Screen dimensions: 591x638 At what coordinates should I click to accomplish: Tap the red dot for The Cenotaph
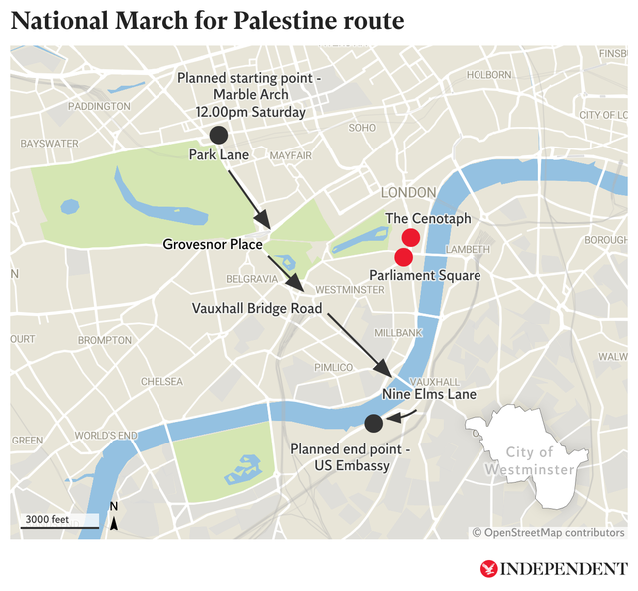pos(410,237)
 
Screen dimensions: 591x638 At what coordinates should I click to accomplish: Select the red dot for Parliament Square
pos(403,257)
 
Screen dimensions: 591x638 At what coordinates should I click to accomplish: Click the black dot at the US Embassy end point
pos(373,422)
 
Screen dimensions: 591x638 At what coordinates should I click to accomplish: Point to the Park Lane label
pos(219,155)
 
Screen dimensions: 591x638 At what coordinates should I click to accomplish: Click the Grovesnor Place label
pos(213,244)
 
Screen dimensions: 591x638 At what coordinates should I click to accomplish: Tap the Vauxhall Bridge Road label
pos(257,309)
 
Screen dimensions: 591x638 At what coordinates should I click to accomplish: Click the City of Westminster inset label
pos(528,461)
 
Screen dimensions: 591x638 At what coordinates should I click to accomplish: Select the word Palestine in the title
pos(294,22)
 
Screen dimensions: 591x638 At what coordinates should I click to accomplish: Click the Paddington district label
pos(100,106)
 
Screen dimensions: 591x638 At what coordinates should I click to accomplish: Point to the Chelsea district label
pos(161,381)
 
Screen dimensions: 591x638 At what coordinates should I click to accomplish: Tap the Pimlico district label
pos(334,367)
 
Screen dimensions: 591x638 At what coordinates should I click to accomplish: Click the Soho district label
pos(362,128)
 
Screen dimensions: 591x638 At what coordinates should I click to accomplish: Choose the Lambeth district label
pos(468,249)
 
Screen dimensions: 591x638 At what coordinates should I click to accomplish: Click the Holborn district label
pos(488,74)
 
